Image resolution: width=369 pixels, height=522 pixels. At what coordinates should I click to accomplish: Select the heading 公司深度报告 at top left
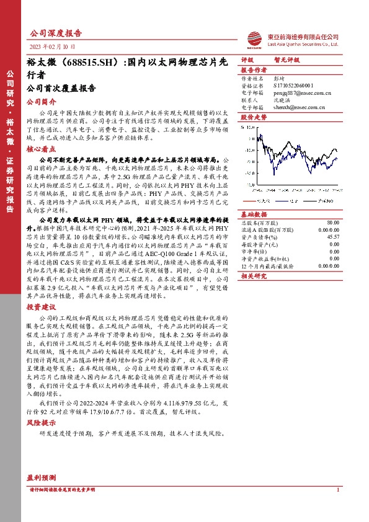click(56, 33)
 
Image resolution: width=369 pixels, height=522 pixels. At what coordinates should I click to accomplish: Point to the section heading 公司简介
click(41, 101)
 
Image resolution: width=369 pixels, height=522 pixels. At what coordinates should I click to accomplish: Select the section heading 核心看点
click(41, 149)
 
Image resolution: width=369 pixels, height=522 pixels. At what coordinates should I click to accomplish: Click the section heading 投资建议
click(41, 307)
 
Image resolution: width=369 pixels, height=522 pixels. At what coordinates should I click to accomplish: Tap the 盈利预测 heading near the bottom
click(41, 478)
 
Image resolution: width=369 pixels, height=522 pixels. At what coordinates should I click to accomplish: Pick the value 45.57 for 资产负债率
click(333, 236)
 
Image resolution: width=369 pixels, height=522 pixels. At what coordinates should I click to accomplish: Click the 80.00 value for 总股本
click(333, 222)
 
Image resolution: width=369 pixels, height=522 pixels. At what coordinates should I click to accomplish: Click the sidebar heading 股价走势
click(253, 117)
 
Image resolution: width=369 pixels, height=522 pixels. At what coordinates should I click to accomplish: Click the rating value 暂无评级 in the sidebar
click(287, 60)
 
